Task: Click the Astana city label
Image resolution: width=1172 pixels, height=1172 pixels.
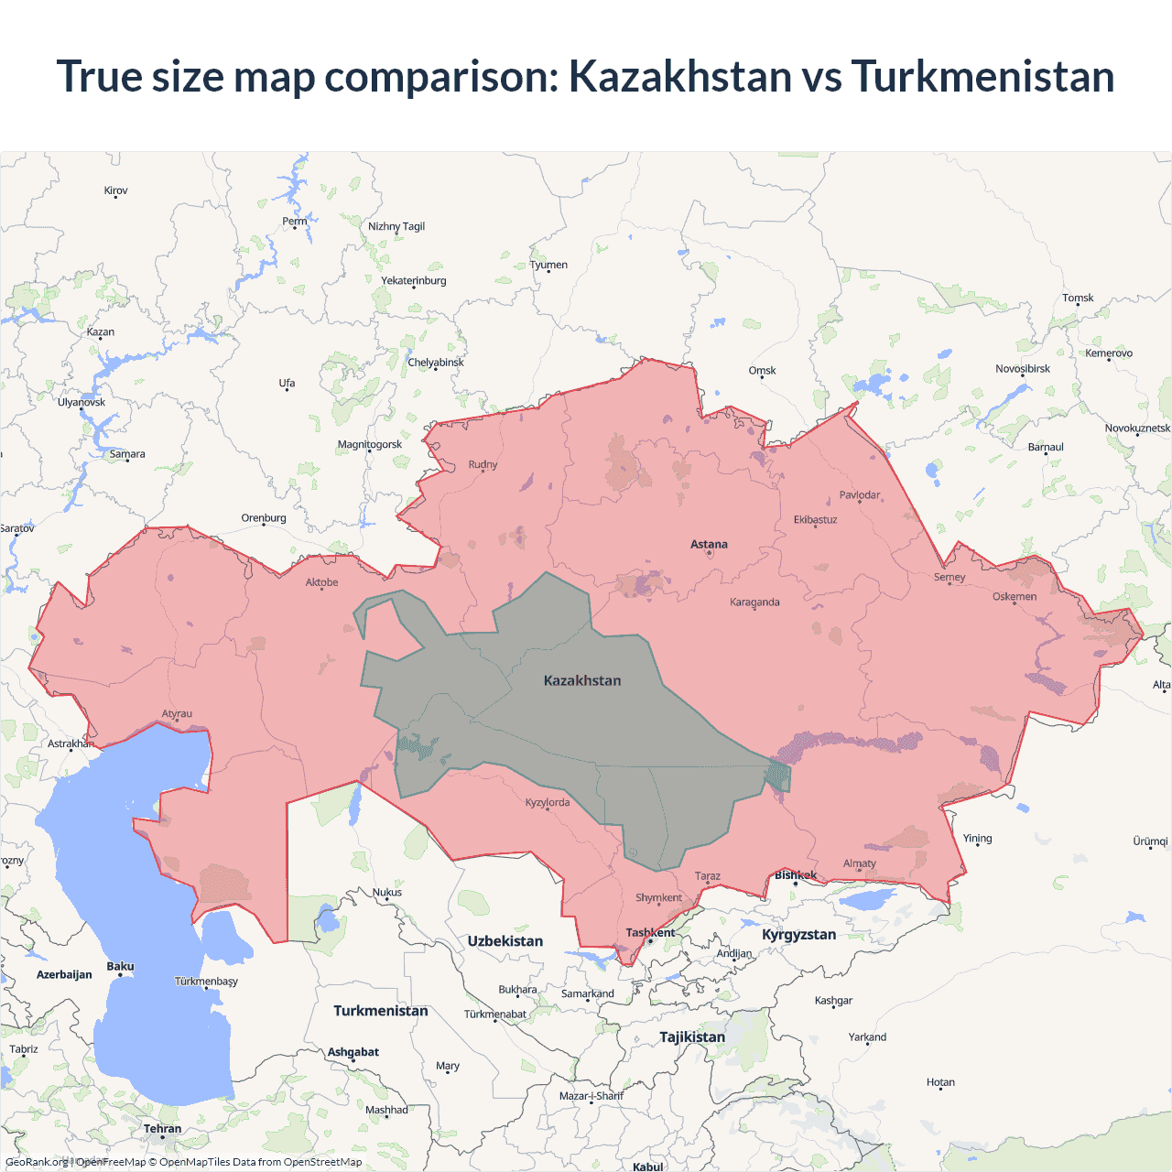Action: point(709,544)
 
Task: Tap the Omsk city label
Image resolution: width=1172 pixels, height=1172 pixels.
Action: point(762,371)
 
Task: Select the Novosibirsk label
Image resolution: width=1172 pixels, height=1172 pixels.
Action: point(1023,369)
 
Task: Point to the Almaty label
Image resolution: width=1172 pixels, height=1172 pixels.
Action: point(859,863)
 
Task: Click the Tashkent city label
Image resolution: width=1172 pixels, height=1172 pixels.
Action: point(650,933)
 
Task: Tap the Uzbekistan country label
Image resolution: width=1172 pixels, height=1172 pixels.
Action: point(505,941)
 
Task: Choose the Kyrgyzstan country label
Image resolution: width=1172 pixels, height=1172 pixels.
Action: point(798,935)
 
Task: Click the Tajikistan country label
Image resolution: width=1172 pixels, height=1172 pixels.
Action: point(692,1037)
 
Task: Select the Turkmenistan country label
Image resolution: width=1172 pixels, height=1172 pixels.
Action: point(380,1011)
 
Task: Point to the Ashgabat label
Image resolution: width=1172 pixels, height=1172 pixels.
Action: point(353,1052)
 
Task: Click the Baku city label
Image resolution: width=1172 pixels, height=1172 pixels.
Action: point(120,967)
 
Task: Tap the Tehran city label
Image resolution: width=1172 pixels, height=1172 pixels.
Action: point(162,1129)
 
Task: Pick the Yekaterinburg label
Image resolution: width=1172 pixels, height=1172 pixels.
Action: point(413,281)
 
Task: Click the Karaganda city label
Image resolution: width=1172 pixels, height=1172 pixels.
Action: point(754,602)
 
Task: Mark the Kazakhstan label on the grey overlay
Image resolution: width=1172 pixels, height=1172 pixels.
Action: point(582,681)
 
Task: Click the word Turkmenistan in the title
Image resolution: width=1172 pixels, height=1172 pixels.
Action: point(982,76)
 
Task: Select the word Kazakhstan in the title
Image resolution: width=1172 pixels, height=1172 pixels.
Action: point(680,76)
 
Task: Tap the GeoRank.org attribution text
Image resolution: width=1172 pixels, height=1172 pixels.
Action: point(37,1162)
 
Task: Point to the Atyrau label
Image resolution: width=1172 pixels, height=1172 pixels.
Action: point(177,714)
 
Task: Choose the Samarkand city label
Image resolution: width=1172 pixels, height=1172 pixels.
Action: point(587,993)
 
